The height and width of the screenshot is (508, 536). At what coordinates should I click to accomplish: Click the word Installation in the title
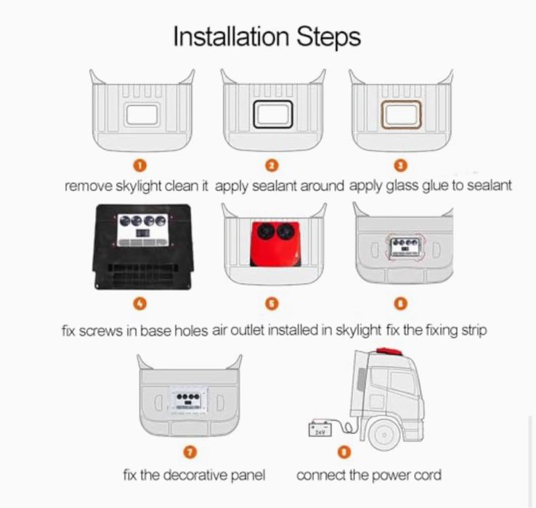click(x=232, y=36)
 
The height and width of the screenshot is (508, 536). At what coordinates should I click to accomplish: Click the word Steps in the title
click(x=328, y=37)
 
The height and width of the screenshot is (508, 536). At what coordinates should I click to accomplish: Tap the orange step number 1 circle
click(x=139, y=165)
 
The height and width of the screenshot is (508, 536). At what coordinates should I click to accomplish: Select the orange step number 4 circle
click(x=139, y=303)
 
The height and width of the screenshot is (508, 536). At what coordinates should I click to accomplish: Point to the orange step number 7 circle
click(x=190, y=452)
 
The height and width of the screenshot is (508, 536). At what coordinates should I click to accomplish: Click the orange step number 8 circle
click(x=344, y=452)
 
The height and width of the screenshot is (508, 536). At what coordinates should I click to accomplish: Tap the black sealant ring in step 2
click(x=253, y=115)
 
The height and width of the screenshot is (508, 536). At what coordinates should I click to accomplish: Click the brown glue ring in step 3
click(x=382, y=115)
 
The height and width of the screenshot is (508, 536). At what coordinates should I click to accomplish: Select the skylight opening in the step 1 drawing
click(x=142, y=115)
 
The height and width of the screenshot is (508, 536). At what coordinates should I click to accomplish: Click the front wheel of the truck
click(x=384, y=435)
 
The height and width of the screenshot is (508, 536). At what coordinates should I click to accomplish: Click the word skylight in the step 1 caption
click(x=139, y=187)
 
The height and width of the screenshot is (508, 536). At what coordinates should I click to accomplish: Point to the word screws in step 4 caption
click(x=100, y=331)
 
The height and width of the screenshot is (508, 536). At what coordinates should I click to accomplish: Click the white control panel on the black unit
click(x=142, y=230)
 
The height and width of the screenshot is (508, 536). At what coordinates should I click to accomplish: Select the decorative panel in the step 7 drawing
click(x=189, y=401)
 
